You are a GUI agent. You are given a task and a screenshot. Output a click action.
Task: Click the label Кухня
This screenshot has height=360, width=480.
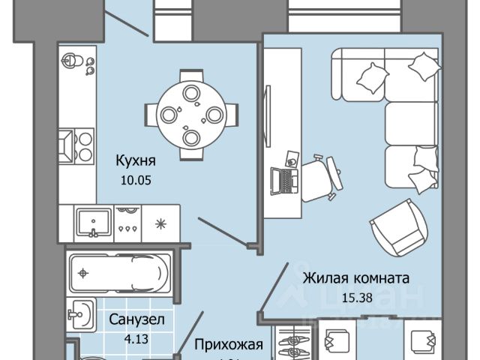click(135, 159)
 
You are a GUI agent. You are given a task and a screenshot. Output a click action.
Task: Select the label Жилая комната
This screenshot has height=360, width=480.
click(356, 277)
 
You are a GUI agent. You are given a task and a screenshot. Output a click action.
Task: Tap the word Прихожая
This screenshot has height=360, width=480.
click(228, 345)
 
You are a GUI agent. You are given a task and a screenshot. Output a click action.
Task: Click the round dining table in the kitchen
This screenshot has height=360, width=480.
click(190, 115)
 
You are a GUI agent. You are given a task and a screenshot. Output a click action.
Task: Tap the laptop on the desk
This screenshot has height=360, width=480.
click(284, 178)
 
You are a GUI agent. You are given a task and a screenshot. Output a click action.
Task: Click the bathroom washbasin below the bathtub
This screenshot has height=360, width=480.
click(80, 314)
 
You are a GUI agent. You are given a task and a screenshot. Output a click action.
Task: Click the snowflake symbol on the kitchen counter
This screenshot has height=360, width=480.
click(159, 223)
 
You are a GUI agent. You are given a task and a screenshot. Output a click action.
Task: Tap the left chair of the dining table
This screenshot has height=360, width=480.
click(167, 115)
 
